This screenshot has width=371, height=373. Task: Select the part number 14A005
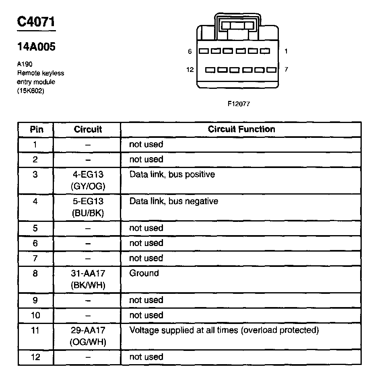tap(36, 47)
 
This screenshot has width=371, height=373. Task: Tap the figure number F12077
tap(239, 103)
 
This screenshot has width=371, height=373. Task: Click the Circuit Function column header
tap(241, 129)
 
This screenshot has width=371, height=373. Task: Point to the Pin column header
tap(36, 129)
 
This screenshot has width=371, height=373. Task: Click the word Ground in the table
tap(144, 273)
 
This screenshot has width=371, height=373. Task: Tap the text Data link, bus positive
tap(172, 174)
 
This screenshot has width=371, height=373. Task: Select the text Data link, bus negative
tap(173, 201)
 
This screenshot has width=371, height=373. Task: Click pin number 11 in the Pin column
tap(35, 330)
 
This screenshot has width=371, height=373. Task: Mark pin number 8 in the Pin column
tap(35, 273)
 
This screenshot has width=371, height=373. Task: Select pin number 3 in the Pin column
tap(35, 174)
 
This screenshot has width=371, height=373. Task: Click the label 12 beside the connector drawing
tap(190, 70)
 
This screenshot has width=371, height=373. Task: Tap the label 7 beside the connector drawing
tap(286, 69)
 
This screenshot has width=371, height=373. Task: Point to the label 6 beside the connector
tap(190, 51)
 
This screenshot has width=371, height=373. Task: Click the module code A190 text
tap(25, 64)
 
